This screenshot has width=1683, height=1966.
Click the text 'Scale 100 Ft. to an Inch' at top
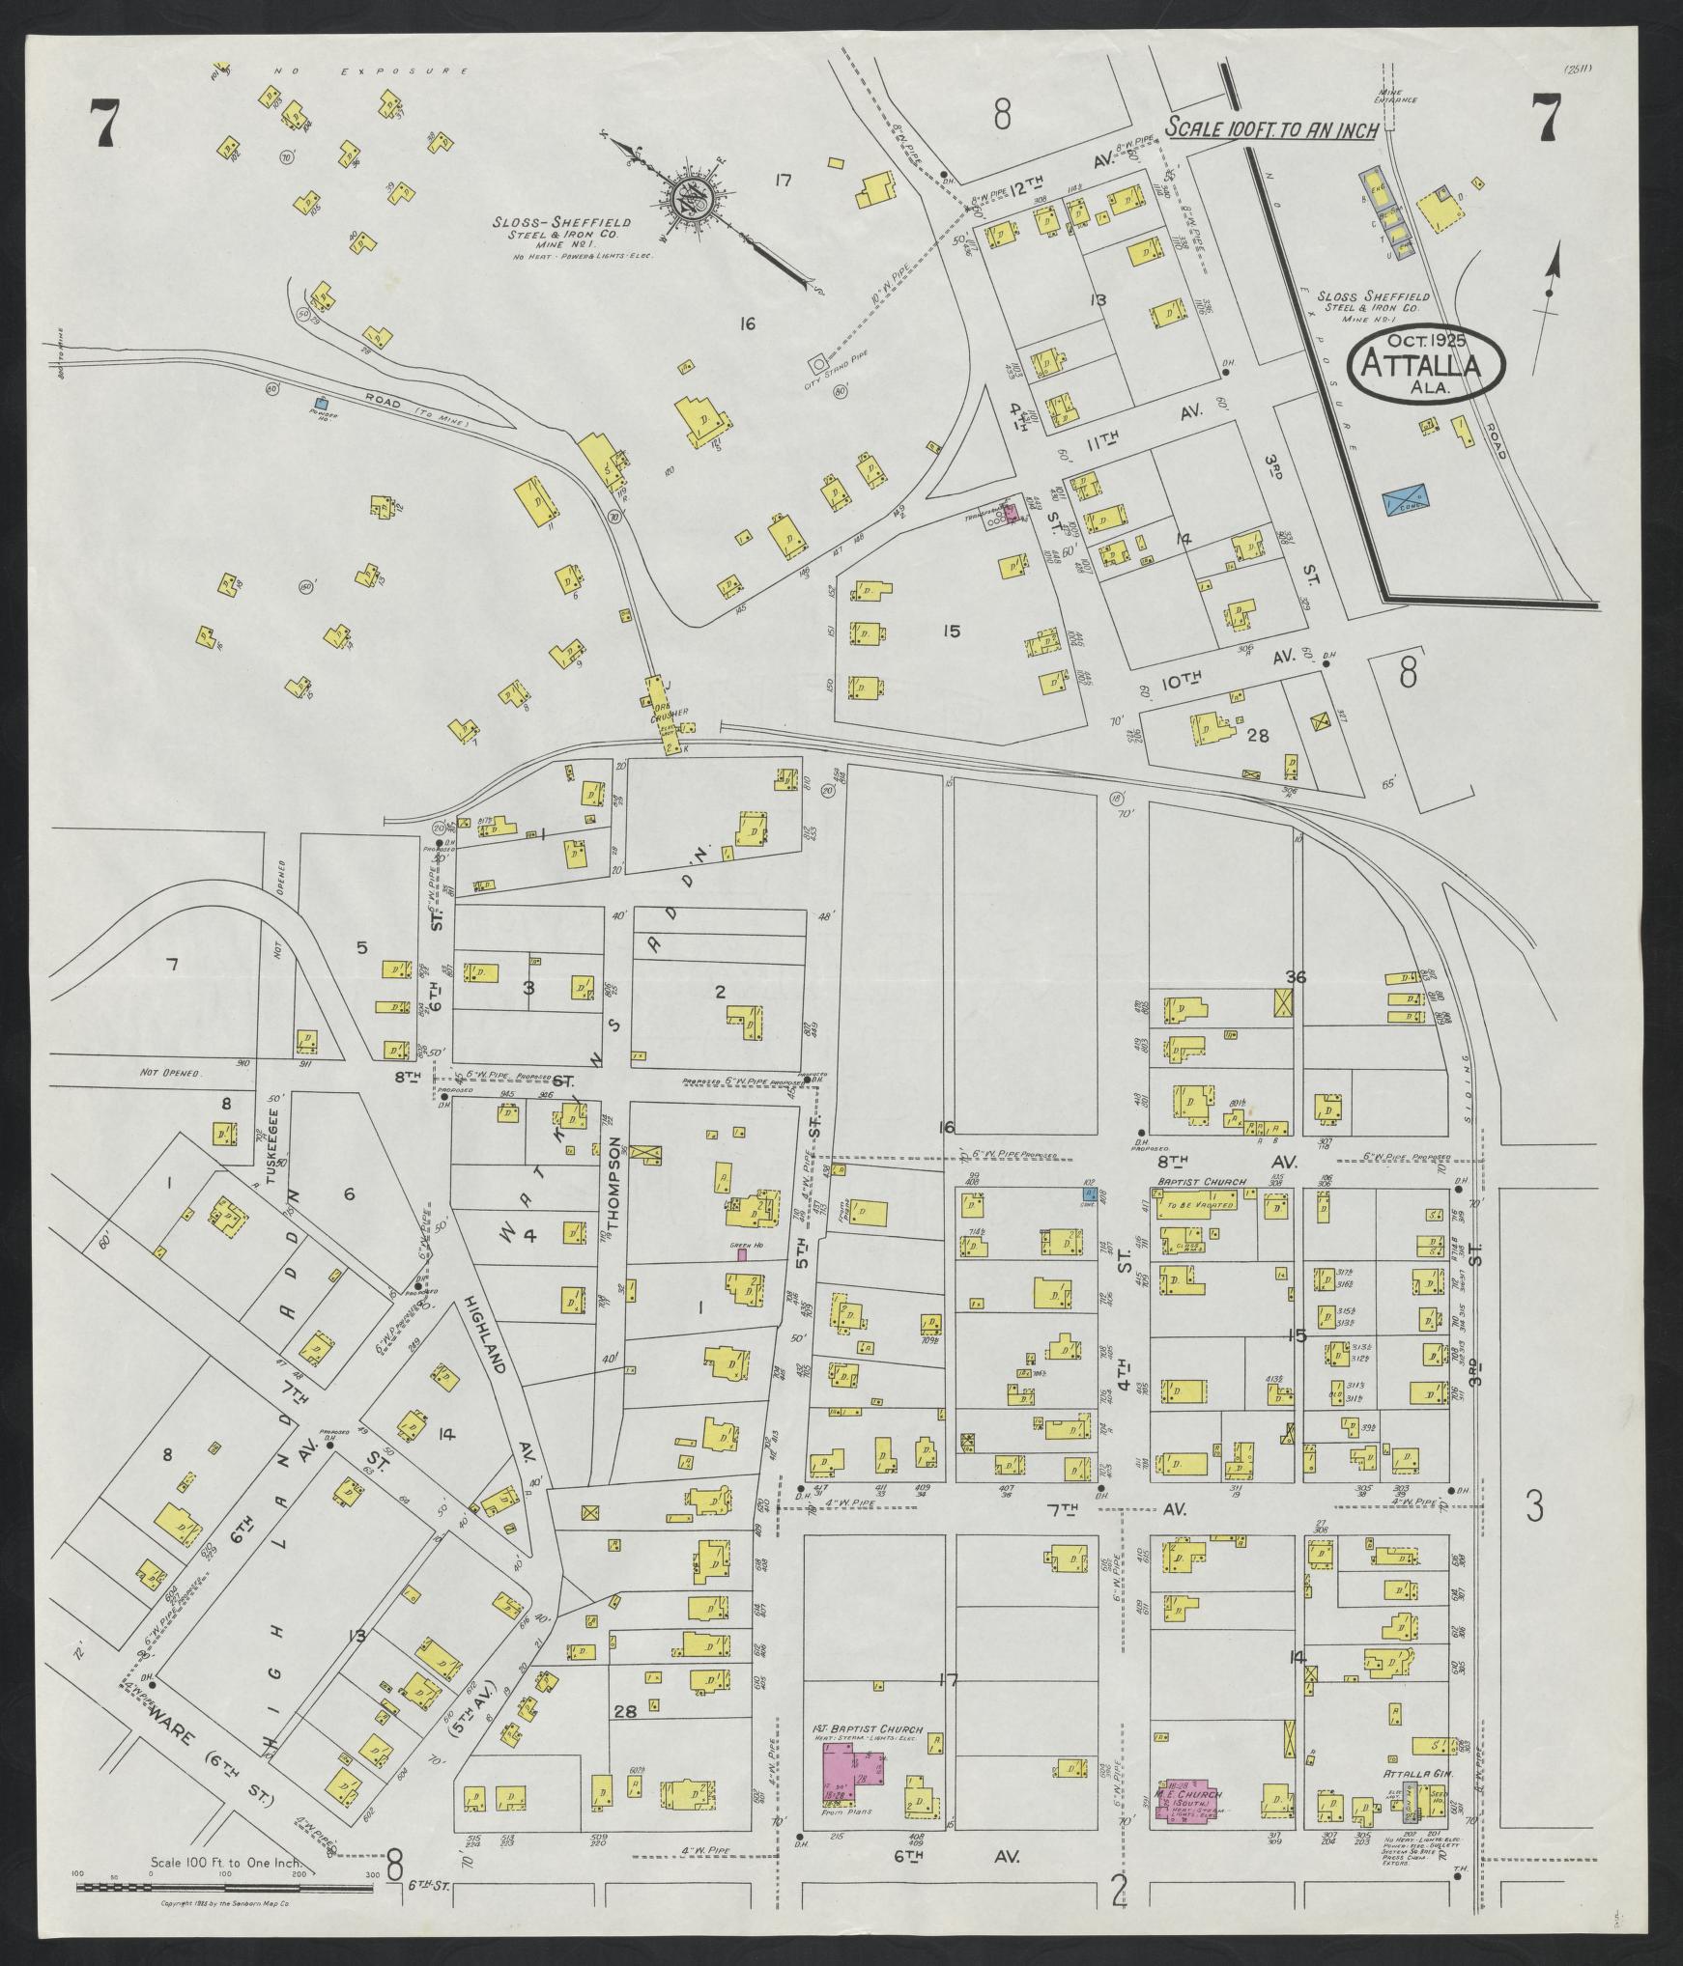pos(1270,129)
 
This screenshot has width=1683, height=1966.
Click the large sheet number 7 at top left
pos(102,124)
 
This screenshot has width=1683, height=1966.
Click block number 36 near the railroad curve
pos(1296,977)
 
